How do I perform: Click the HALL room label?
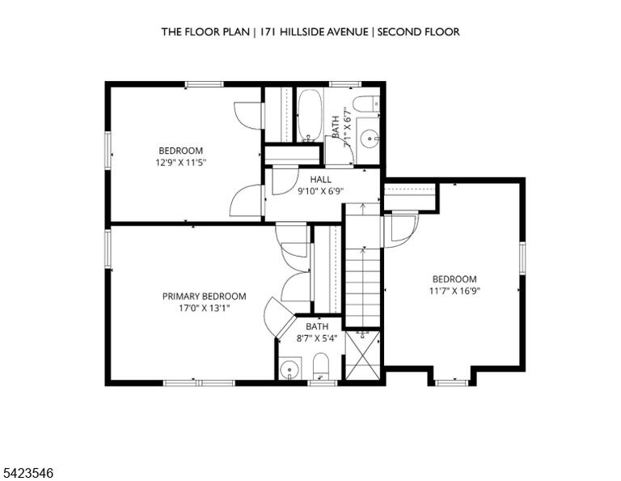pos(321,180)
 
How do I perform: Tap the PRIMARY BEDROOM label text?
pos(205,296)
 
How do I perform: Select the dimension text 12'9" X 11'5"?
pos(181,162)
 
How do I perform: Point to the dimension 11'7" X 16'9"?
pos(454,291)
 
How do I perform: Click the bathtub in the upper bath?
pos(310,115)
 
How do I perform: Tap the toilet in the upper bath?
pos(366,104)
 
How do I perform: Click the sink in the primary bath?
pos(290,369)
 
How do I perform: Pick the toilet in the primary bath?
pos(321,366)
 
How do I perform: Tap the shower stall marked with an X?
pos(363,355)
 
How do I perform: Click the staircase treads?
pos(363,266)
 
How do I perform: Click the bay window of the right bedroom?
pos(451,382)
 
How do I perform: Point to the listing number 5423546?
pos(28,473)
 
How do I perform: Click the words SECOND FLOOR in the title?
pos(418,32)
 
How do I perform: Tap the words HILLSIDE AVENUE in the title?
pos(324,32)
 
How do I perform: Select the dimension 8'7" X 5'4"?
pos(317,338)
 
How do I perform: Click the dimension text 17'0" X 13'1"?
pos(205,308)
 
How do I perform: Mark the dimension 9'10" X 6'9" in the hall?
pos(320,191)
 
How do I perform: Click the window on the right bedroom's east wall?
pos(522,258)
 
